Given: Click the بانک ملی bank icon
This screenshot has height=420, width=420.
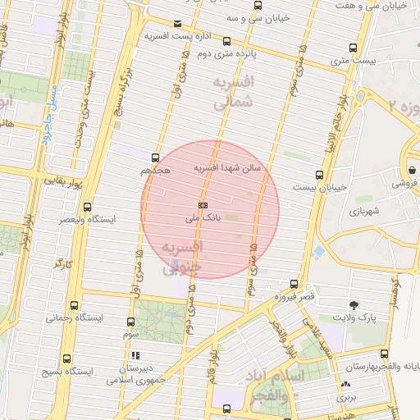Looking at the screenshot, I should coord(203,205).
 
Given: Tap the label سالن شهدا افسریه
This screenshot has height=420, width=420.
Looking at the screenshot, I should coord(227,167).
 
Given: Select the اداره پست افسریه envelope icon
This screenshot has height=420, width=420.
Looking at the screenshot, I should coord(178,23).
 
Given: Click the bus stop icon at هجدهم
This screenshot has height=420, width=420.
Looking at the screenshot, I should coord(156,157).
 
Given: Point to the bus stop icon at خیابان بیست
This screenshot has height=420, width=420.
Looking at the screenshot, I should coord(319,174).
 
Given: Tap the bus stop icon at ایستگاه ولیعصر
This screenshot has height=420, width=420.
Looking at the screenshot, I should coord(88,207).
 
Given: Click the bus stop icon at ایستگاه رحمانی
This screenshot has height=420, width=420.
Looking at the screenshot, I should coord(75,303).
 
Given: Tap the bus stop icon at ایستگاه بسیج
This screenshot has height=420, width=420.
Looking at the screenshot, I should coord(66,368).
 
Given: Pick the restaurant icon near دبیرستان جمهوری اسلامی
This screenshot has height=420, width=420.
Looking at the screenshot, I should coord(135,356).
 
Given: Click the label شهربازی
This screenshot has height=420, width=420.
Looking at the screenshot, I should coord(365,212).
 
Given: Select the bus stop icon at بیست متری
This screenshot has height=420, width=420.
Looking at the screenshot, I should coord(353,48).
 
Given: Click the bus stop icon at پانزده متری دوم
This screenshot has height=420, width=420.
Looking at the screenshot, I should coord(226,41).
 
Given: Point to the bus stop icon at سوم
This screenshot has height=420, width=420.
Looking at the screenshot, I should coord(131,322).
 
